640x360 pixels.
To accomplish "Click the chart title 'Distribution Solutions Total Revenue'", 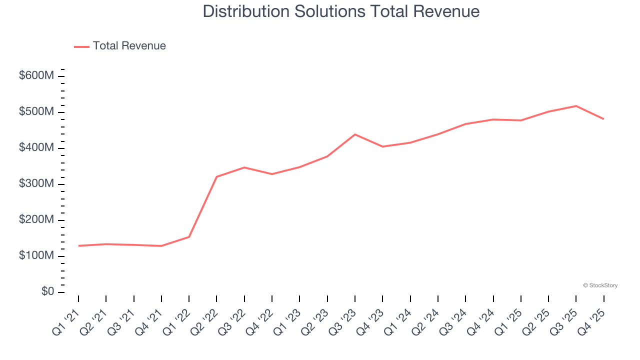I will pos(341,11).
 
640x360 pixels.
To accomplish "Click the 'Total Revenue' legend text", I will pos(129,46).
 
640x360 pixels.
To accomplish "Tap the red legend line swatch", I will pos(81,46).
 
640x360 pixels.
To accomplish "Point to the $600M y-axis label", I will pos(36,76).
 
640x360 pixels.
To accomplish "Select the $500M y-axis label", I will pos(36,112).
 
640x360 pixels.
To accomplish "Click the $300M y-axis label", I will pos(36,184).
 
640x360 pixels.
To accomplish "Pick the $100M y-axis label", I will pos(36,256).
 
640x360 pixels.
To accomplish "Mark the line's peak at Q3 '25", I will pos(576,106).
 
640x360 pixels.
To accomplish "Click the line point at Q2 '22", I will pos(216,176).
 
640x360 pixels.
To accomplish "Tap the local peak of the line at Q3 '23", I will pos(355,134).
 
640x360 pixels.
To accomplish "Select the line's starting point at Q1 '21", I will pos(78,246).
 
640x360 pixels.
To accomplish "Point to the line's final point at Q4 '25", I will pos(603,119).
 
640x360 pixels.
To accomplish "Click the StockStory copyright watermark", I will pos(600,285).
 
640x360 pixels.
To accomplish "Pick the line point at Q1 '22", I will pos(189,237).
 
